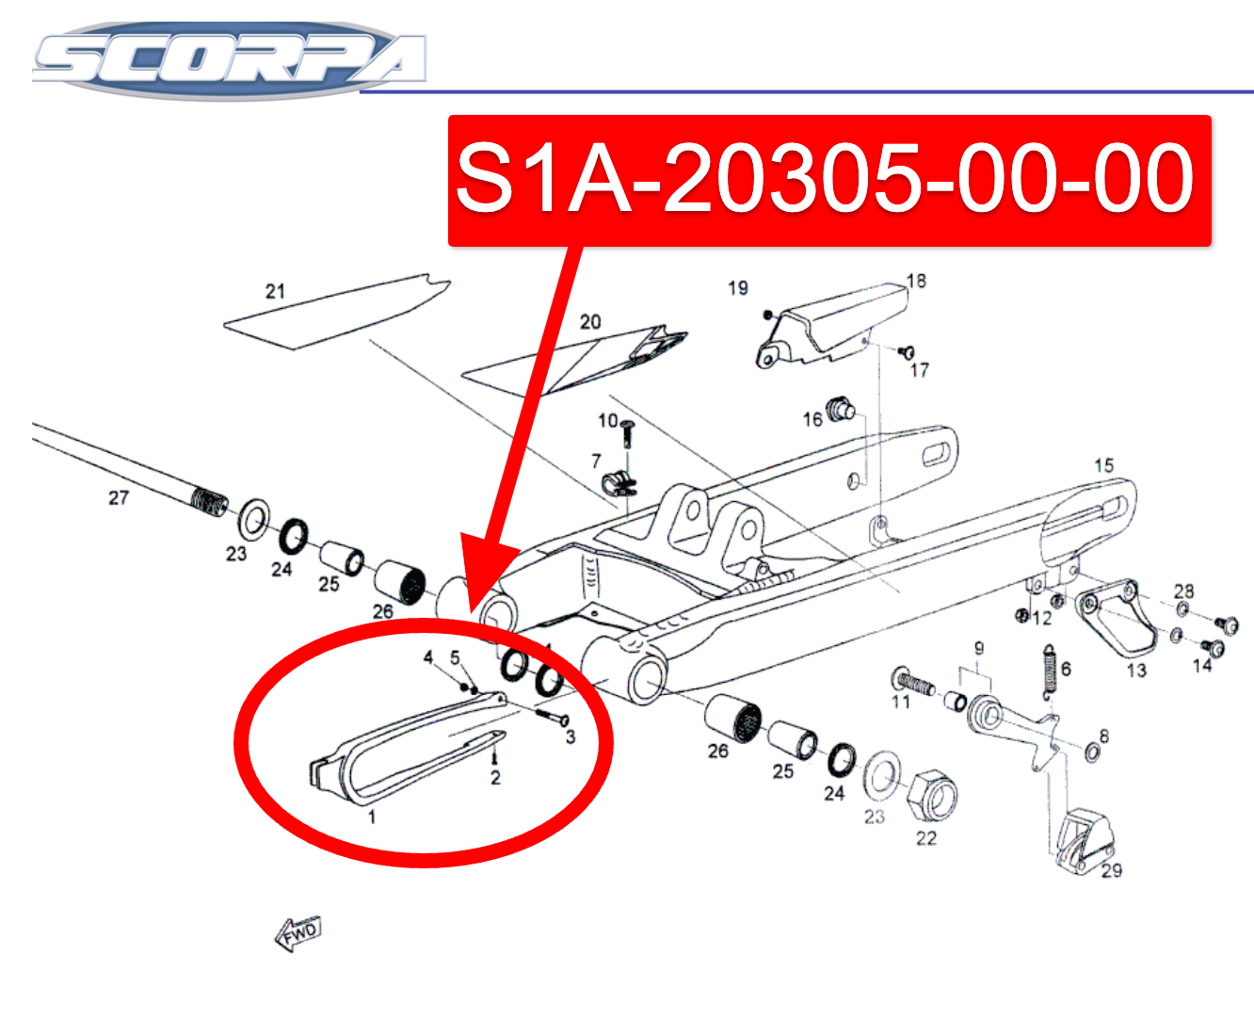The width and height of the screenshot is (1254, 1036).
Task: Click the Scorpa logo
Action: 230,60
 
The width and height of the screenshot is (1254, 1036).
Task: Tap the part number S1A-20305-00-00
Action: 825,179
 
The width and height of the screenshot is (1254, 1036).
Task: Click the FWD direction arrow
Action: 298,933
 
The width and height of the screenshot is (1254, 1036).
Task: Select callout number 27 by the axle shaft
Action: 119,497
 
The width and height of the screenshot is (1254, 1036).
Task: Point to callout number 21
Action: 275,291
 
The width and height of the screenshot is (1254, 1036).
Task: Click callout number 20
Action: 590,322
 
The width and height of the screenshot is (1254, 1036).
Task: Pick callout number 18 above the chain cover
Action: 916,281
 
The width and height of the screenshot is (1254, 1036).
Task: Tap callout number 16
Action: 812,419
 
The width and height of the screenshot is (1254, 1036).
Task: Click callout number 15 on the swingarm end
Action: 1104,465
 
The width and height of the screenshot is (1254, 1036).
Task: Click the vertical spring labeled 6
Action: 1049,672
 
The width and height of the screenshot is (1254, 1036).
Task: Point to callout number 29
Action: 1111,870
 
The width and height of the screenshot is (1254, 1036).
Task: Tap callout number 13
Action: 1136,670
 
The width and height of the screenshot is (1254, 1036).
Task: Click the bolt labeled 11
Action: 912,682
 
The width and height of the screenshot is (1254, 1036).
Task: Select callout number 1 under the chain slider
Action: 372,817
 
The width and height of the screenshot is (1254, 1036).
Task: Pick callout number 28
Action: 1183,591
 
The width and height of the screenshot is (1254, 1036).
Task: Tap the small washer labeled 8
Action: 1092,752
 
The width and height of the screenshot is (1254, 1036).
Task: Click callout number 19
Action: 738,288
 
